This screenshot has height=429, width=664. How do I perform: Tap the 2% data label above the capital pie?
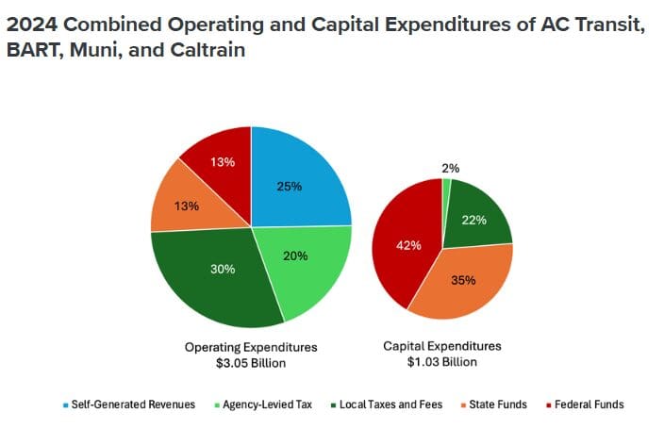click(451, 169)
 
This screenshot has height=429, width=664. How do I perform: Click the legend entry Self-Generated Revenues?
click(129, 404)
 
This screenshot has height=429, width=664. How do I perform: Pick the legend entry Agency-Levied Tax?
click(263, 404)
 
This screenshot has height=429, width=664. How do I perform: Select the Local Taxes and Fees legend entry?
click(387, 404)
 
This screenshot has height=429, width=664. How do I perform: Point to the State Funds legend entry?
click(494, 404)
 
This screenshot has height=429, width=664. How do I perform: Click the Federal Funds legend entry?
click(585, 404)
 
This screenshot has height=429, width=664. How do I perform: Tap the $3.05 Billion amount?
click(251, 363)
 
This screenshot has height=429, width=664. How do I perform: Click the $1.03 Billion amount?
click(442, 362)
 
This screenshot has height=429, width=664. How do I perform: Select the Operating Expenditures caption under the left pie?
click(251, 347)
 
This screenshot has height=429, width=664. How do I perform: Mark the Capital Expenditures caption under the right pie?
click(442, 346)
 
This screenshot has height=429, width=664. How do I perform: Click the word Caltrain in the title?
click(207, 50)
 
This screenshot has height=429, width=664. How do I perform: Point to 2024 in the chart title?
click(32, 25)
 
